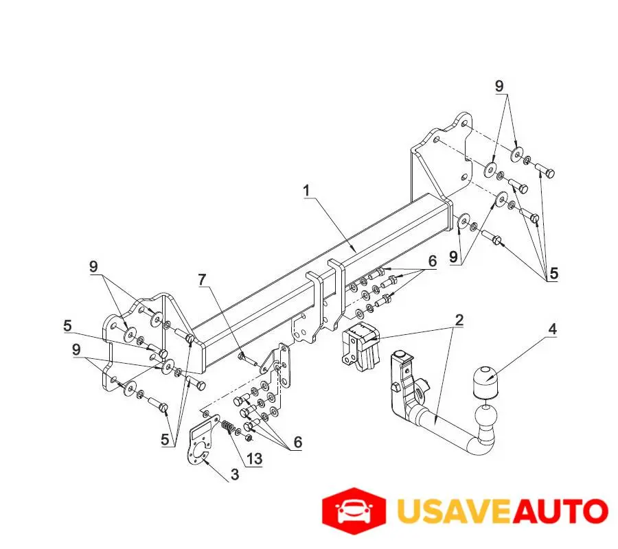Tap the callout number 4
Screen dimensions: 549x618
551,329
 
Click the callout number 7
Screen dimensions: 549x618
201,281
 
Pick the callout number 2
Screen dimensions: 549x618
459,320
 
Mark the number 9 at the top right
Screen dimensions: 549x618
499,86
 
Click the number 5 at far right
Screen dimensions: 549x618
553,273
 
